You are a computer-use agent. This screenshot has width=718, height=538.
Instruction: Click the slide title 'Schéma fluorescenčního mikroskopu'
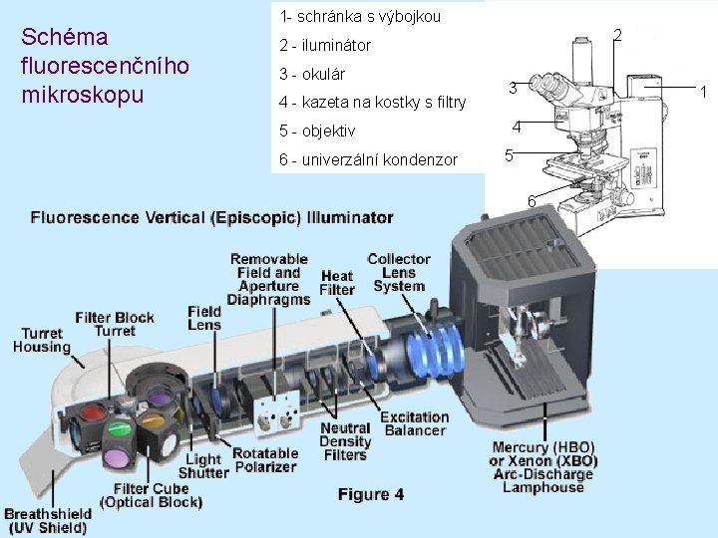tap(105, 67)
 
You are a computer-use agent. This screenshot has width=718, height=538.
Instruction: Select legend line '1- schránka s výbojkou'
tap(360, 17)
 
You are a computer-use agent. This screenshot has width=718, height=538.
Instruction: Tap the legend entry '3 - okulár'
tap(312, 74)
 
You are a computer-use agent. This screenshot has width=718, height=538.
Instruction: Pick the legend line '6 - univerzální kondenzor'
tap(368, 159)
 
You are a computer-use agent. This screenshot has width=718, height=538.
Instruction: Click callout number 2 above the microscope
tap(617, 36)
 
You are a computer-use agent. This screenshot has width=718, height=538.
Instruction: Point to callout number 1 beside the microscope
tap(704, 93)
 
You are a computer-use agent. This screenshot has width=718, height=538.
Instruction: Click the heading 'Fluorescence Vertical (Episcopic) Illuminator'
tap(211, 217)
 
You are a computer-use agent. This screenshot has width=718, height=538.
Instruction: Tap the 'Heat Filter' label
tap(337, 283)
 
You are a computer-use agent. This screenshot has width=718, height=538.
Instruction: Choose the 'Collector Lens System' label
tap(399, 272)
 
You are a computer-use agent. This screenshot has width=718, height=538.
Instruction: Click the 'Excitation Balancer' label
tap(414, 423)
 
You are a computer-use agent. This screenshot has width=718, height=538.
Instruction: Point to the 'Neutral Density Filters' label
tap(345, 441)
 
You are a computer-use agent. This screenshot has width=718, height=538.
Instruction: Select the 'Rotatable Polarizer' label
tap(264, 460)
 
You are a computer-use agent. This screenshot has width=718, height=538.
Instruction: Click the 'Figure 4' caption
tap(370, 495)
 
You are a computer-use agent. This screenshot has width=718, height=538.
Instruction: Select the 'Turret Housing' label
tap(42, 340)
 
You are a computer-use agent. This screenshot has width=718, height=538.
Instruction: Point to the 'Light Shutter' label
tap(202, 465)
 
